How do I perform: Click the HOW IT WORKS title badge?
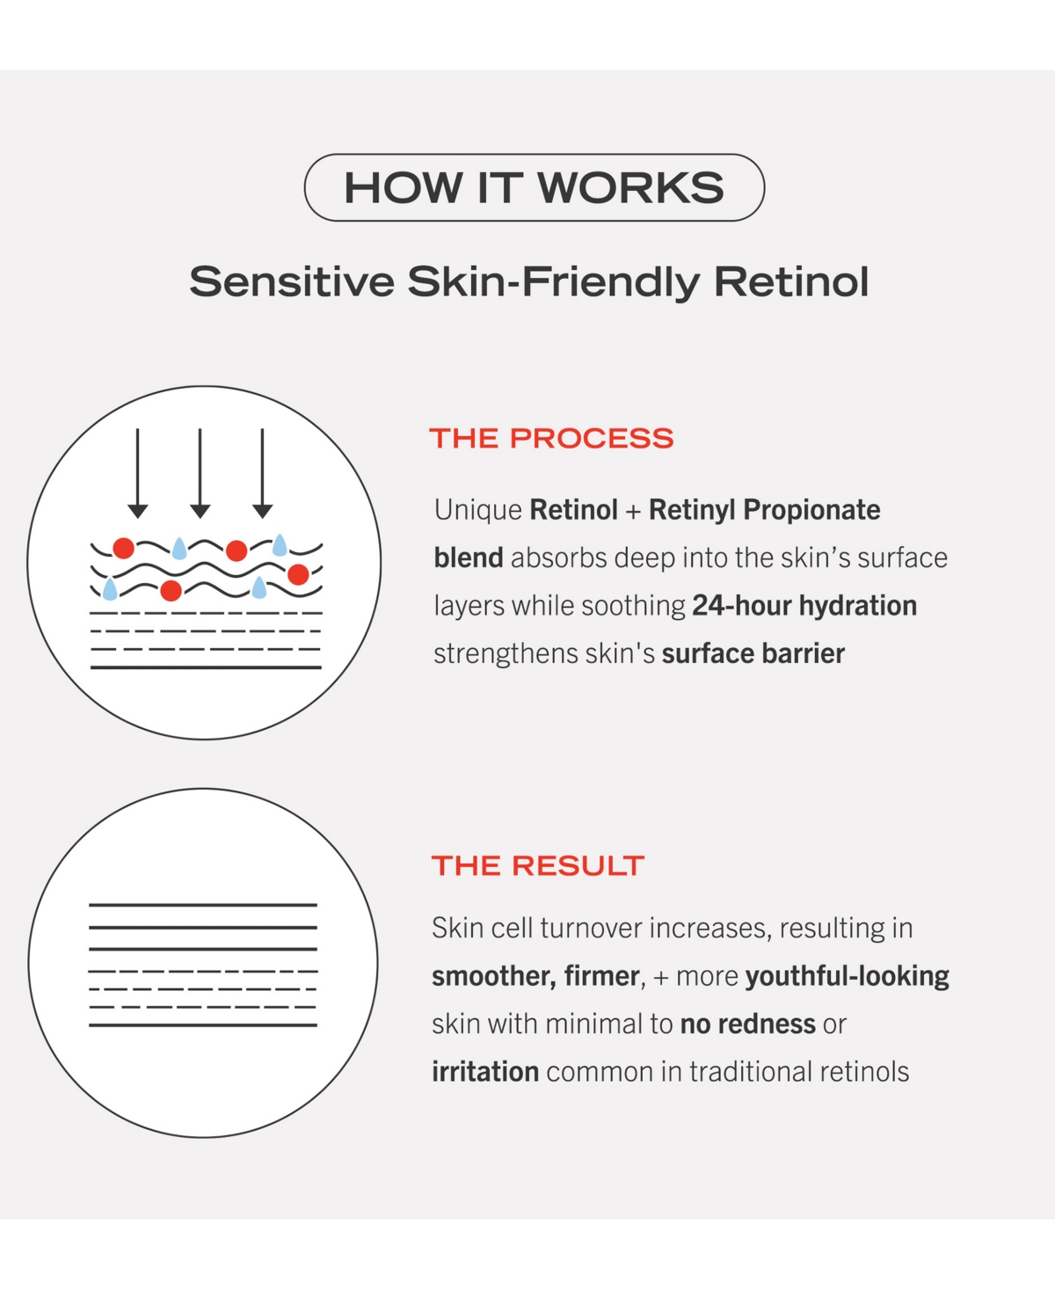534,187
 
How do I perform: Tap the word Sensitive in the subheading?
292,281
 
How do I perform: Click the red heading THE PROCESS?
551,438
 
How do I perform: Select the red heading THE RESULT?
537,865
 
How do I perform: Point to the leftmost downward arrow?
138,473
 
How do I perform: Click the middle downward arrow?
200,473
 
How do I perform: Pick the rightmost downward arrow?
262,473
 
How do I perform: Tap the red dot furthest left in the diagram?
124,548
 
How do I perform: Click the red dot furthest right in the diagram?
298,574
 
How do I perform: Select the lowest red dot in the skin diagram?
171,591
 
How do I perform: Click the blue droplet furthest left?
110,588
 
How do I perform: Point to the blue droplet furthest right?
280,545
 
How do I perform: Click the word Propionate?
811,510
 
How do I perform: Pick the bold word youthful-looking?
847,976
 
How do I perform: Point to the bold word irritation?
485,1072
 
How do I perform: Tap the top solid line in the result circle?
203,905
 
